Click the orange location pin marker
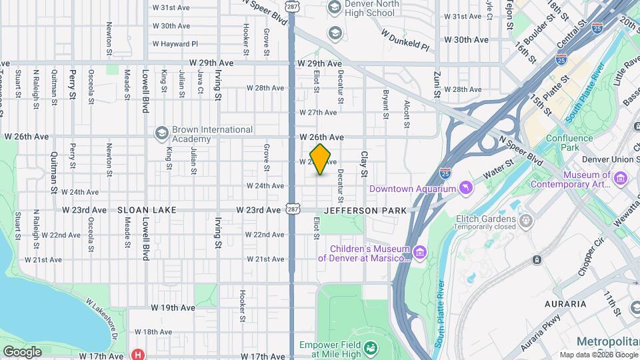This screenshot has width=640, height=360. (x=321, y=159)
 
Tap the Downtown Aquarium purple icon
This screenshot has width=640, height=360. (x=465, y=189)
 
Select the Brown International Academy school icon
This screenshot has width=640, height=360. (x=161, y=134)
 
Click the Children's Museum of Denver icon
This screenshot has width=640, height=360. (x=419, y=251)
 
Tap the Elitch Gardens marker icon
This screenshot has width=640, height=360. (x=526, y=219)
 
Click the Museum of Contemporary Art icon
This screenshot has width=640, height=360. (x=621, y=178)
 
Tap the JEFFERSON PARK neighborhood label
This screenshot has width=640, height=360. (x=365, y=211)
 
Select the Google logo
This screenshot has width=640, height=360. (x=22, y=352)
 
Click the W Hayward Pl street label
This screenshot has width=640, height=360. (x=175, y=44)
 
